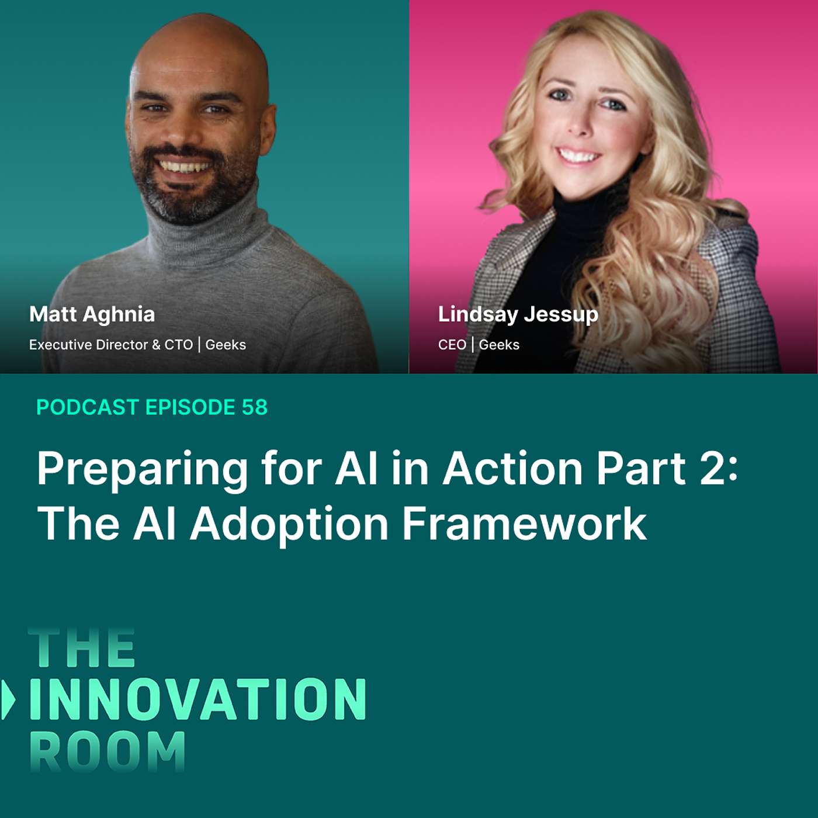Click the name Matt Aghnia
(x=92, y=314)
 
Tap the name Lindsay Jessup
(x=518, y=314)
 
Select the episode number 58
(x=255, y=407)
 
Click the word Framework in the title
(x=524, y=524)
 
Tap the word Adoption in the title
(x=289, y=524)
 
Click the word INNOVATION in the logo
(x=197, y=699)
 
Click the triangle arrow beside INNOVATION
(x=8, y=699)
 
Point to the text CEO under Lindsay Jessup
(x=452, y=345)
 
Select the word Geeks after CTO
(x=226, y=345)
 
